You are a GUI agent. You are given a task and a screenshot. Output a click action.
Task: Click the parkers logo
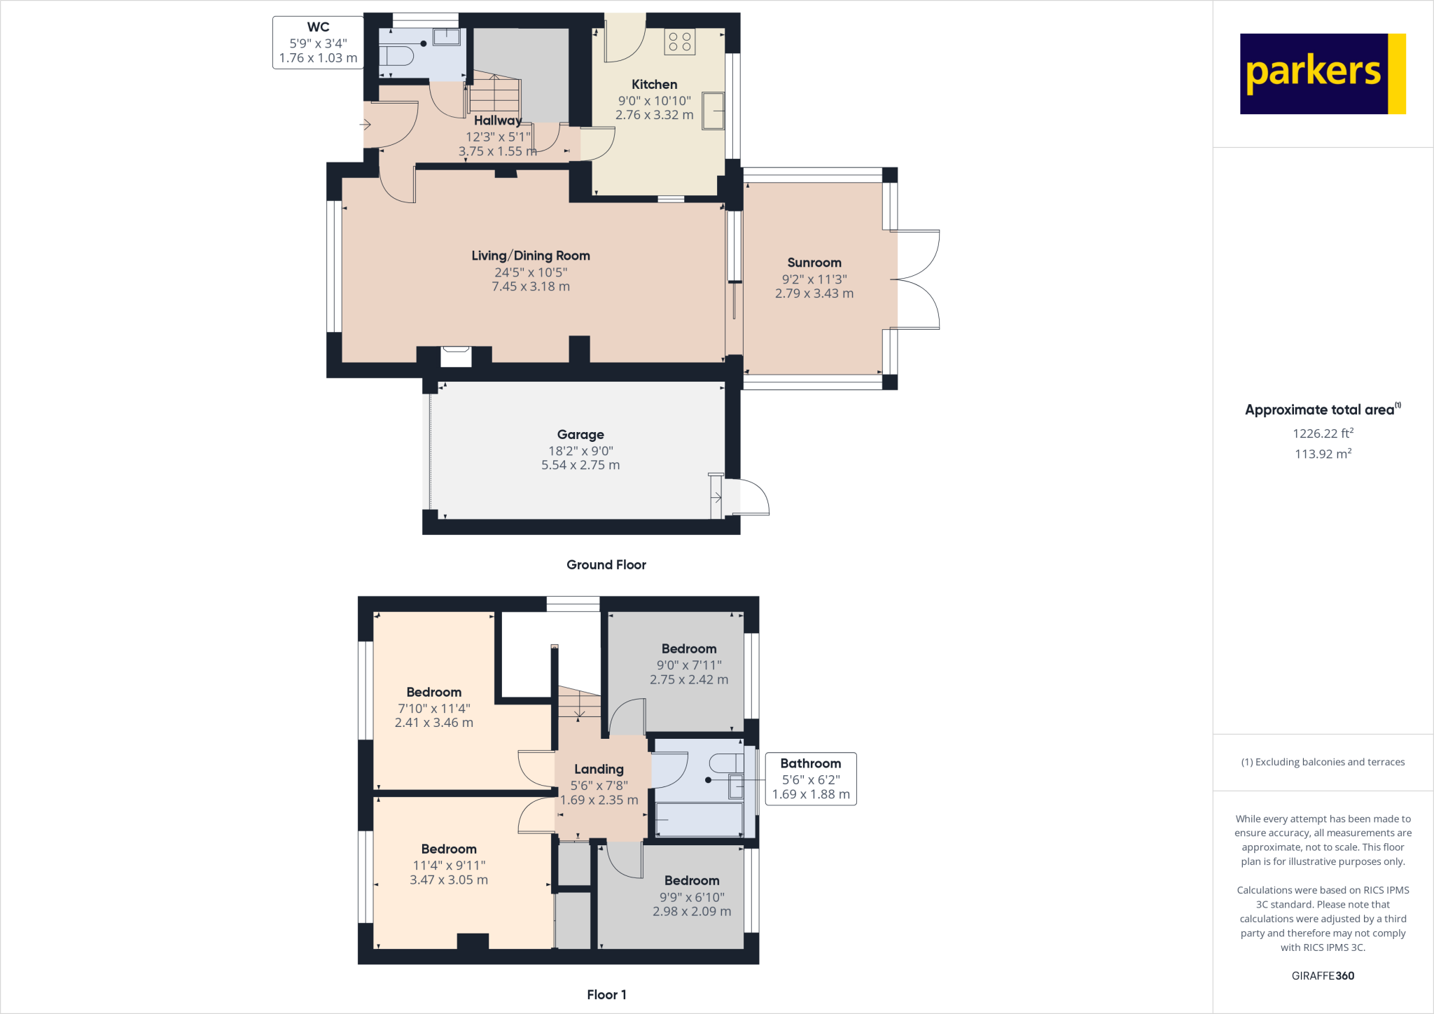[1322, 74]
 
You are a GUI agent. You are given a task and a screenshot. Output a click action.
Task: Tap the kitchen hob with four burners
[679, 42]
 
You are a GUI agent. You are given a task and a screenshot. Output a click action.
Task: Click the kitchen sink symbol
[713, 111]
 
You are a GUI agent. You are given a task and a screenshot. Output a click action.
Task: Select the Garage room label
[580, 435]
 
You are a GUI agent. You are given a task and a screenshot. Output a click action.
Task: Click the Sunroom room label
[814, 263]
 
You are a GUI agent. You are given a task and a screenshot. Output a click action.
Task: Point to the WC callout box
[318, 43]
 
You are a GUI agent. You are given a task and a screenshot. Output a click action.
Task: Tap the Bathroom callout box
[810, 779]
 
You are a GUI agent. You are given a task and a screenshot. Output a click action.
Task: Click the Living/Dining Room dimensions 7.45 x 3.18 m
[531, 286]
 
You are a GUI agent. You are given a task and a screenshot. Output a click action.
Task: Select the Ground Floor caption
[606, 564]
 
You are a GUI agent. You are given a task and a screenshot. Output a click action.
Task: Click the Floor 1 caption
[606, 994]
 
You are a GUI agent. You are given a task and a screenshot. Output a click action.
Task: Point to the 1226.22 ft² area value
[1323, 433]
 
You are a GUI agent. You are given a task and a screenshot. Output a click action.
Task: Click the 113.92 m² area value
[1323, 454]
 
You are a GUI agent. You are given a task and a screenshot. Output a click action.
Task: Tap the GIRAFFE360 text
[1323, 975]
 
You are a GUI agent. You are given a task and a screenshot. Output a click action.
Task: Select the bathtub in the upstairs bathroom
[699, 819]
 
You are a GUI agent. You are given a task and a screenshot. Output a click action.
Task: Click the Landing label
[599, 769]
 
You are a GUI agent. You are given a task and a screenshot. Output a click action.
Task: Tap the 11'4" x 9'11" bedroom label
[449, 849]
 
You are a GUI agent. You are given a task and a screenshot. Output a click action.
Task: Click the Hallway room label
[497, 120]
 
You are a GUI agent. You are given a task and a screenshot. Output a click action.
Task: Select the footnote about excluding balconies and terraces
[1323, 762]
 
